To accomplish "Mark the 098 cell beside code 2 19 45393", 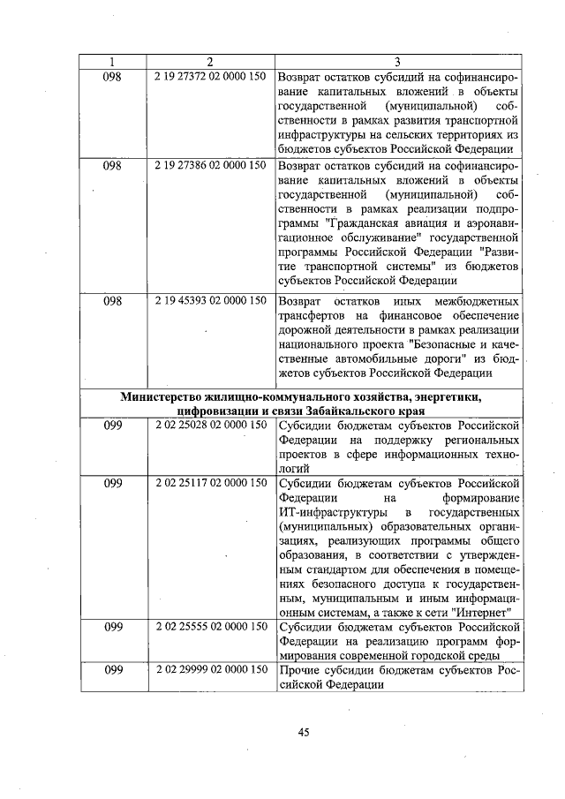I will [112, 301].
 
